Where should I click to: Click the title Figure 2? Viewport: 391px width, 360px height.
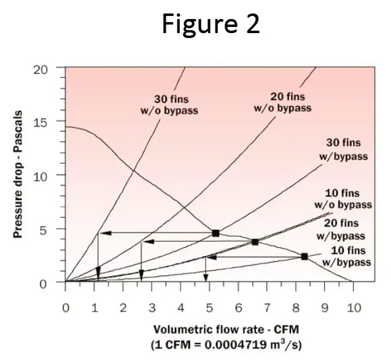click(x=211, y=24)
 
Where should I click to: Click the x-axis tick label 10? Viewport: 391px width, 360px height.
click(x=353, y=307)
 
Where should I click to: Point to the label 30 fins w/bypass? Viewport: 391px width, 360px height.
click(x=344, y=149)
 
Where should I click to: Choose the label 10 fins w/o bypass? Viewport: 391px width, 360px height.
click(x=347, y=198)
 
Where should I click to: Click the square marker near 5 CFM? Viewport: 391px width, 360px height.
click(x=215, y=233)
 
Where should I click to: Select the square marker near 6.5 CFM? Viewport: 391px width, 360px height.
click(x=255, y=242)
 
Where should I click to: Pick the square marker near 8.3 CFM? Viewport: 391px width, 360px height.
click(x=304, y=256)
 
